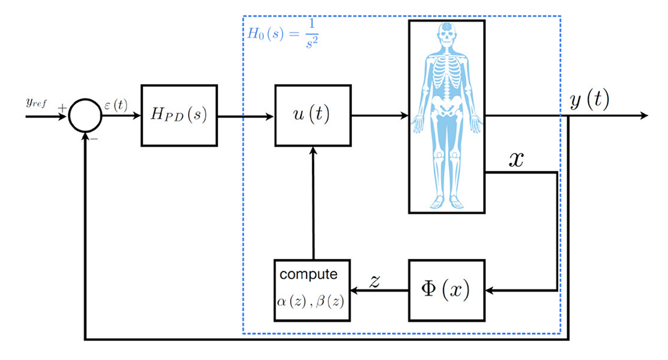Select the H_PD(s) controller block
179,116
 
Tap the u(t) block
312,116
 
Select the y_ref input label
36,104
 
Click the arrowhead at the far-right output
644,116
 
